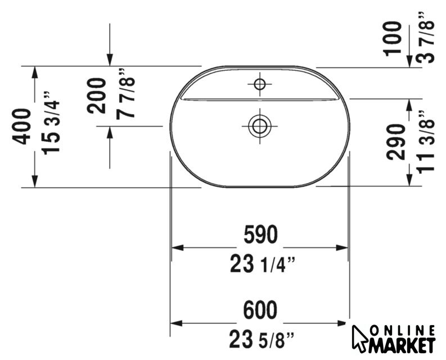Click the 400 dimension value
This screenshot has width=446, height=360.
(x=21, y=127)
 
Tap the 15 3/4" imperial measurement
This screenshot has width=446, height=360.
(x=51, y=123)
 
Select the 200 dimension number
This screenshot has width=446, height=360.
(x=97, y=96)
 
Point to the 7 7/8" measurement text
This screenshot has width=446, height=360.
(x=125, y=93)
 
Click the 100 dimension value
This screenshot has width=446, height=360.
(x=392, y=39)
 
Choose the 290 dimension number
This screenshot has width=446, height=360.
(x=395, y=141)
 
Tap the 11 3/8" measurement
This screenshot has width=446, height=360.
(x=426, y=141)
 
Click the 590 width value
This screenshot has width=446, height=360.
(x=260, y=235)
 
